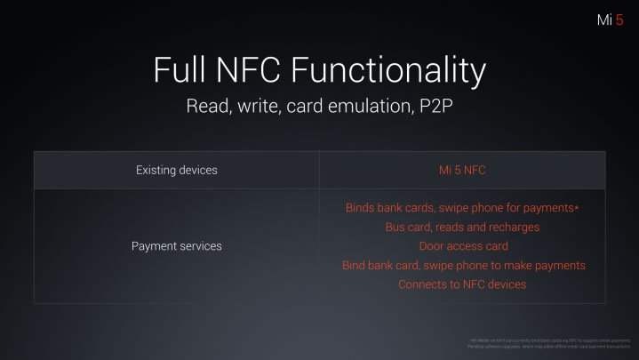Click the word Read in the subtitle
tap(206, 107)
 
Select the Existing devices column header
tap(176, 170)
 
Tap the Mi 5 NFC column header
tap(462, 170)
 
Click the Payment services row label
tap(176, 245)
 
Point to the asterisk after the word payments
tap(577, 207)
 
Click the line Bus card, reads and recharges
tap(462, 227)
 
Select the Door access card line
tap(462, 246)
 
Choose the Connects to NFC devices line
tap(462, 284)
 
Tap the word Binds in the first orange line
tap(362, 207)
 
